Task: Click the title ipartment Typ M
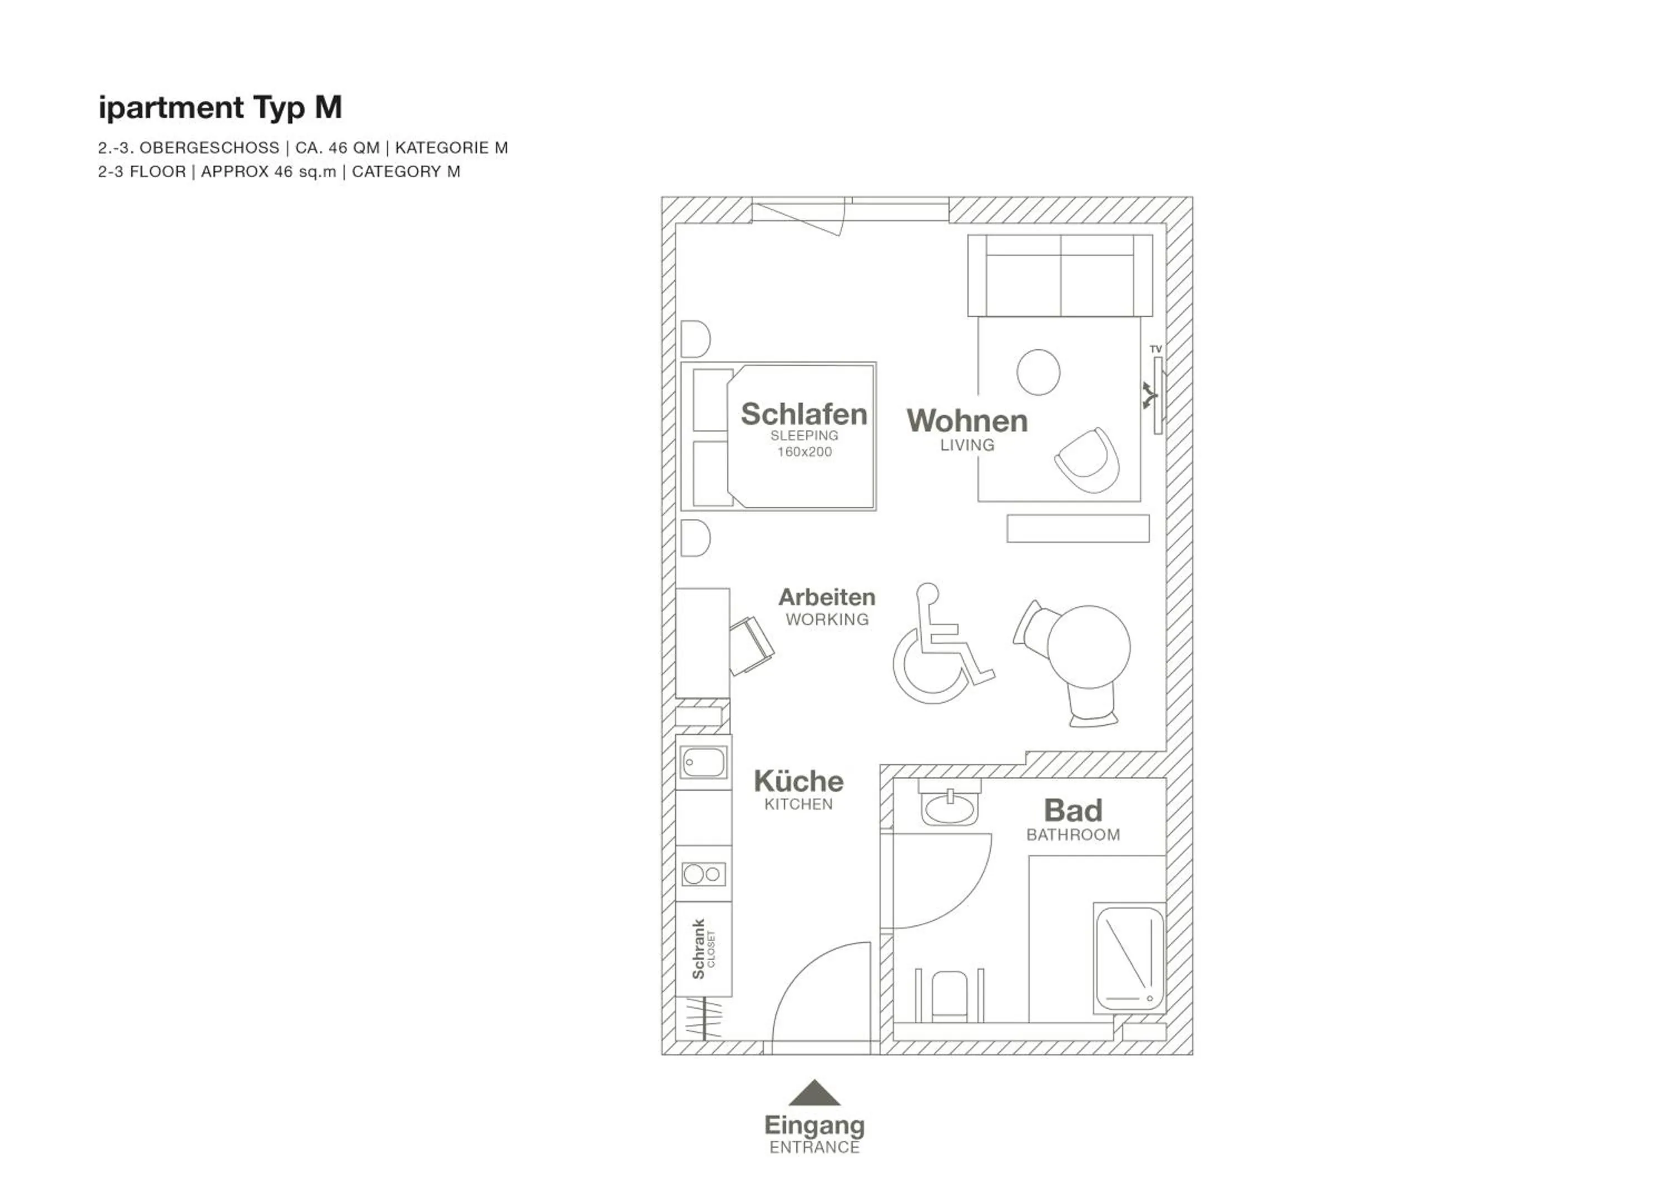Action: click(220, 107)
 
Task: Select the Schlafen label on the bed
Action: click(803, 414)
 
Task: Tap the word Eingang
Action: click(815, 1126)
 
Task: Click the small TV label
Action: click(1156, 349)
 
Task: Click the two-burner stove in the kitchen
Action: click(703, 874)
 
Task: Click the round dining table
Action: click(1089, 646)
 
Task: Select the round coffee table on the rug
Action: click(1038, 372)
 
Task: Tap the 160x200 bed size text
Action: click(804, 452)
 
